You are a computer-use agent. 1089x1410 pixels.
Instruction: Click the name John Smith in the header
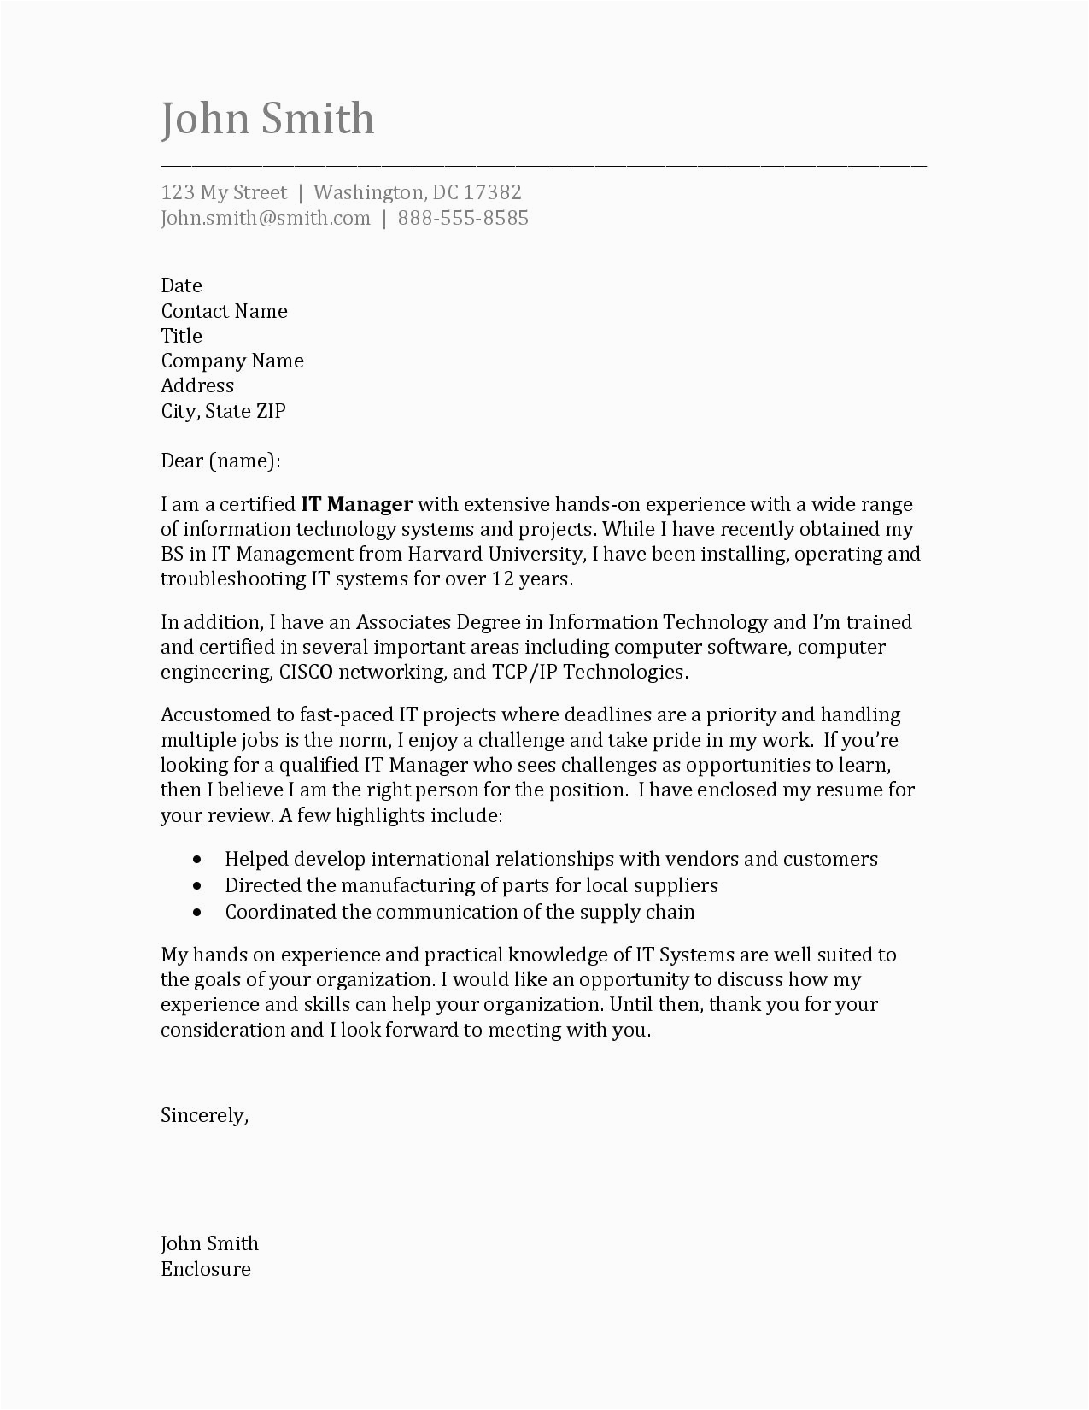coord(267,119)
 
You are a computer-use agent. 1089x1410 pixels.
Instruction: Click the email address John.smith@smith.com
coord(266,218)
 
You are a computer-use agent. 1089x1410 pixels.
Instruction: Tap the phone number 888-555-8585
coord(463,218)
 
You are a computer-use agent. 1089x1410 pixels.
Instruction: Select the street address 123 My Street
coord(224,192)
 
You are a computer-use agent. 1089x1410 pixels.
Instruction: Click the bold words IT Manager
coord(357,504)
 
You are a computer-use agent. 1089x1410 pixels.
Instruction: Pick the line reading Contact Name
coord(224,311)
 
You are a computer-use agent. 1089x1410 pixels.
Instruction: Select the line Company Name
coord(232,361)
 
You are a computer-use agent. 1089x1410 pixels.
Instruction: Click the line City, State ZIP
coord(223,411)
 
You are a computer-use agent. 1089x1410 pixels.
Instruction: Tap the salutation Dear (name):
coord(220,461)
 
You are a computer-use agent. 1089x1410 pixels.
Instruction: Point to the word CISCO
coord(306,672)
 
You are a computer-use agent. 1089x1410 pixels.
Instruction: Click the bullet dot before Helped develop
coord(198,860)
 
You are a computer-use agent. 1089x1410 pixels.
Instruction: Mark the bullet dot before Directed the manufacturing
coord(198,886)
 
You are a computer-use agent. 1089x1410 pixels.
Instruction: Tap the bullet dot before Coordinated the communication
coord(198,913)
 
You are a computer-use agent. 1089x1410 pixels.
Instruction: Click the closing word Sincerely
coord(203,1116)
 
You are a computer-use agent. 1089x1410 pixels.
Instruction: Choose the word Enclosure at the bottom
coord(206,1269)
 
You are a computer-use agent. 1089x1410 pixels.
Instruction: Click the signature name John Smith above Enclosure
coord(209,1243)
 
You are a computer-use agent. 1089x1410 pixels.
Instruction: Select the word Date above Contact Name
coord(181,285)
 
